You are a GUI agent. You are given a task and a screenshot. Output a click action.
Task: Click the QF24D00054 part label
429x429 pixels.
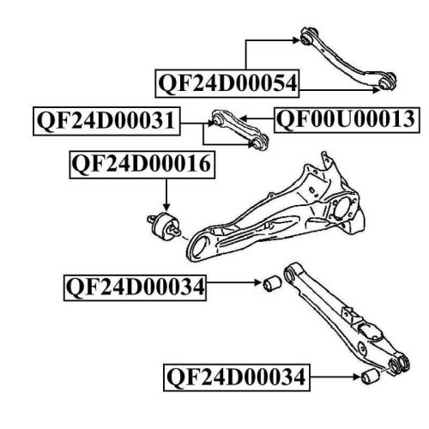point(227,83)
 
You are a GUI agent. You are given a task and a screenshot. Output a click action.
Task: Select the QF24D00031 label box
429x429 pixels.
point(106,121)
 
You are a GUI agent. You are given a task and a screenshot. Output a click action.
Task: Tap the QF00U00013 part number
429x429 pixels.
point(347,120)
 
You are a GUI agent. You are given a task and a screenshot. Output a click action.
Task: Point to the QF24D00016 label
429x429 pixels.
point(142,166)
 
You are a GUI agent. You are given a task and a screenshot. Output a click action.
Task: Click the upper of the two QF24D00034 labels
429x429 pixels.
point(135,287)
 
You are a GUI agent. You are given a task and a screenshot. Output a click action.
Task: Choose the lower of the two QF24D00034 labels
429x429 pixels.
point(237,378)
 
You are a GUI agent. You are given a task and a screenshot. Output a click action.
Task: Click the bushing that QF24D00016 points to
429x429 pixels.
point(165,227)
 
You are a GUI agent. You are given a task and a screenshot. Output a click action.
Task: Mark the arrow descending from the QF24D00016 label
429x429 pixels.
point(166,196)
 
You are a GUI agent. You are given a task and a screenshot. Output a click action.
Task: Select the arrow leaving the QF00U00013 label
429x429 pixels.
point(257,118)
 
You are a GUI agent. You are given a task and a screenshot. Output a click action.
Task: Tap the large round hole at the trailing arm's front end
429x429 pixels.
point(201,245)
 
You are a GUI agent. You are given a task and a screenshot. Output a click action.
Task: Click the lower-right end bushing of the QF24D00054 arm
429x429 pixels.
point(387,82)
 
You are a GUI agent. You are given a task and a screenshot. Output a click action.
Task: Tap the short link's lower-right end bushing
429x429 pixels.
point(260,142)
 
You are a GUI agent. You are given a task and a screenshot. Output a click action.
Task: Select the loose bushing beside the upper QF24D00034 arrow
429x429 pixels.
point(272,283)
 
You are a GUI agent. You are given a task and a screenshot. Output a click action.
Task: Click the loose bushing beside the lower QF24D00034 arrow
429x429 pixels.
point(370,377)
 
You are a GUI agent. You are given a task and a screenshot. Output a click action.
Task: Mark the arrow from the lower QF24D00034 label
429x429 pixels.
point(335,378)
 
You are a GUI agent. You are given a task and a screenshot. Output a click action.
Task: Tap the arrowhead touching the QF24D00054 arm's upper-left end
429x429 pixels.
point(296,40)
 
